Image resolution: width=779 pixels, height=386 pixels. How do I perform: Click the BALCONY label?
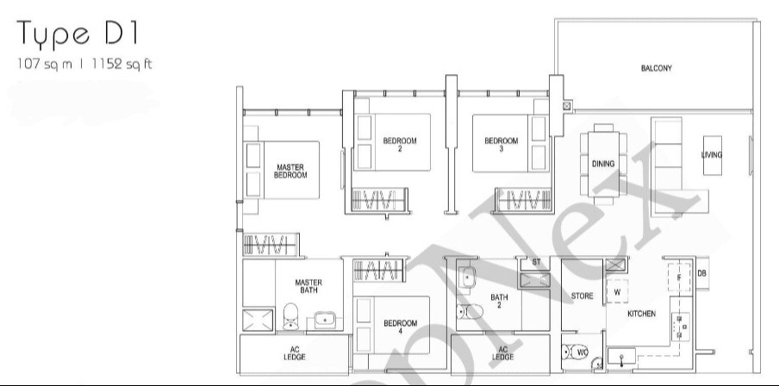coord(656,68)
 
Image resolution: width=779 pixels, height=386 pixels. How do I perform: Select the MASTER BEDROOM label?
coord(290,171)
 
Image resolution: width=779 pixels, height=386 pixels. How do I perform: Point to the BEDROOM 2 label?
coord(400,145)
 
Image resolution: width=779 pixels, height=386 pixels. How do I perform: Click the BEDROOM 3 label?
coord(501,145)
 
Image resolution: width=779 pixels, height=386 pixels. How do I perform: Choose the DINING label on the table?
coord(602,163)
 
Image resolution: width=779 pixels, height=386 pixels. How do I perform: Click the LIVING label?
coord(712,155)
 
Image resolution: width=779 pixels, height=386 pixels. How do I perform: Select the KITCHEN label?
coord(642,314)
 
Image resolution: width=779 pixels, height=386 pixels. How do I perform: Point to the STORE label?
coord(583,296)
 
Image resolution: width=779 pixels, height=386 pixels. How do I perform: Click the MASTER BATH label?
coord(308,286)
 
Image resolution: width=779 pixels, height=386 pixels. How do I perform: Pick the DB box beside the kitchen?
coord(702,273)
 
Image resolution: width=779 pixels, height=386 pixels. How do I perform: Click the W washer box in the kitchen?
coord(617,292)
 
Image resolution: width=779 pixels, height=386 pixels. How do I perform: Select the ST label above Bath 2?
coord(536,261)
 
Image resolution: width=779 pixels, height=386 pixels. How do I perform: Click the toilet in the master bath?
coord(290,318)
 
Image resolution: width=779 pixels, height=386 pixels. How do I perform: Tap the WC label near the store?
coord(583,352)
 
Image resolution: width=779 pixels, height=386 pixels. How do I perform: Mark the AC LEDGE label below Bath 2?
coord(503,352)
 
